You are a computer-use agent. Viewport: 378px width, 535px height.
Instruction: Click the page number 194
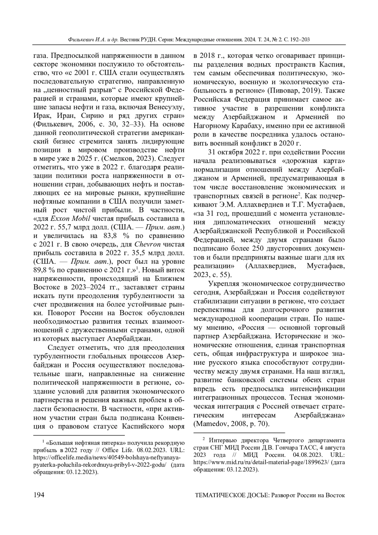pos(38,495)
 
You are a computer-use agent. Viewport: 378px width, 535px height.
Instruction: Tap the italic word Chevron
pos(147,244)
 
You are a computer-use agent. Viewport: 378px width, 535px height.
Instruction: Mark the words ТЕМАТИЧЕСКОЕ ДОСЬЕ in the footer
pos(232,495)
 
